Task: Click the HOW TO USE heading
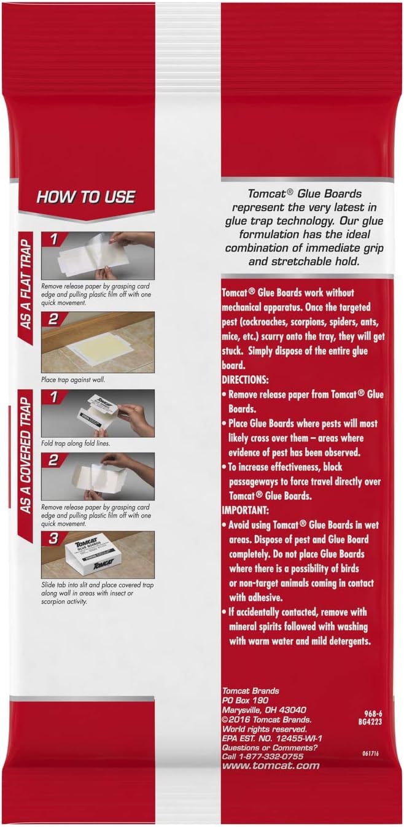click(85, 198)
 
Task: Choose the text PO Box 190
click(244, 701)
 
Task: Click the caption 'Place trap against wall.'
click(73, 380)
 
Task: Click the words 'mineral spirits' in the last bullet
click(255, 626)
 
